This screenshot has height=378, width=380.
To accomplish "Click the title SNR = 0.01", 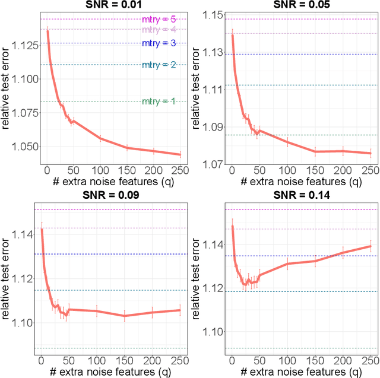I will click(113, 5).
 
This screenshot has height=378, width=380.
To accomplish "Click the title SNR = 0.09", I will click(113, 195).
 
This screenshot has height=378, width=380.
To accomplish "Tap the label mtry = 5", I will click(159, 20).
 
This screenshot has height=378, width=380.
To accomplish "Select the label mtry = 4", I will click(159, 29).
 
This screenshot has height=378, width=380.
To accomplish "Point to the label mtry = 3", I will click(159, 43).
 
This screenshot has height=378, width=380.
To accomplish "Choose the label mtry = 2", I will click(159, 65).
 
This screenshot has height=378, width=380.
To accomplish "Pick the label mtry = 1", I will click(159, 101).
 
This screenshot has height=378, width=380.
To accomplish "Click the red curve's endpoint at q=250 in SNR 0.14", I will click(370, 246).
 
